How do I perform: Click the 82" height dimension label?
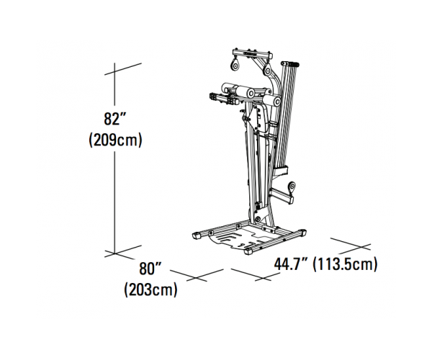pyautogui.click(x=114, y=119)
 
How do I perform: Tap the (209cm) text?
pyautogui.click(x=115, y=140)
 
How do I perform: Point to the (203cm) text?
pyautogui.click(x=150, y=289)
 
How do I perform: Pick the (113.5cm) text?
pyautogui.click(x=345, y=264)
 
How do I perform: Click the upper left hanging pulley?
pyautogui.click(x=235, y=66)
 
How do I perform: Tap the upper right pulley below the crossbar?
pyautogui.click(x=267, y=71)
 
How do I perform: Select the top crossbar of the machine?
pyautogui.click(x=253, y=53)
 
